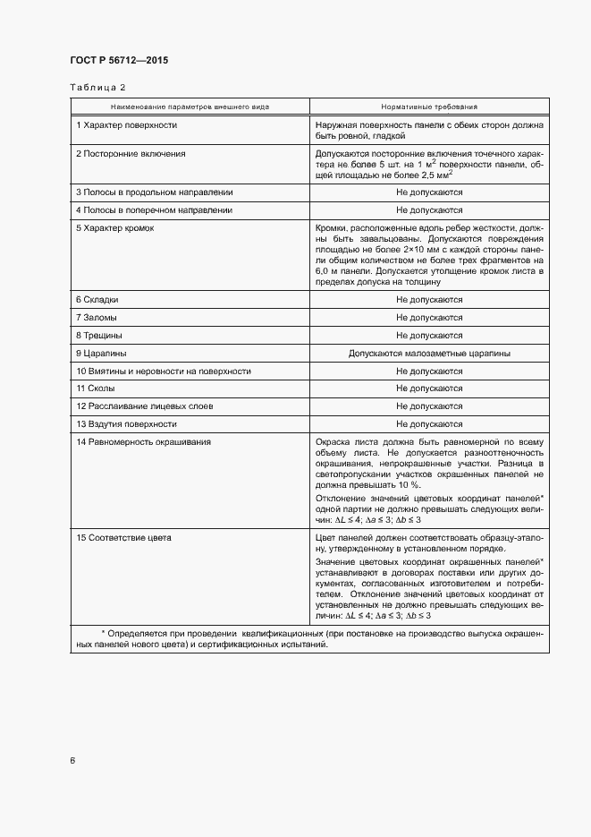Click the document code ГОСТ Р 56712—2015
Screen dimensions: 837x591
(118, 60)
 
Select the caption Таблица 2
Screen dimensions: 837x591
(97, 87)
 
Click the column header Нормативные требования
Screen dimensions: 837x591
(429, 107)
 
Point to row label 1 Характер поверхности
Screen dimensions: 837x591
(126, 125)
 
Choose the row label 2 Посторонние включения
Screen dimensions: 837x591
(131, 154)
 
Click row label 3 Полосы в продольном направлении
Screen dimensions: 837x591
(154, 192)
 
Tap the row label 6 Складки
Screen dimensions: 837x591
(97, 299)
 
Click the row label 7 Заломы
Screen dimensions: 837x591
(97, 317)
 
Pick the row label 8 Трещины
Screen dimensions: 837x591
(99, 335)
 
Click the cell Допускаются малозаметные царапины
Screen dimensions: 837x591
(429, 353)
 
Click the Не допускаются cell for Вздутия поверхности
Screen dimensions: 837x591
(429, 424)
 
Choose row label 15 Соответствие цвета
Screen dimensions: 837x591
(124, 538)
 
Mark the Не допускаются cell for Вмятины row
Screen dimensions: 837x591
(429, 371)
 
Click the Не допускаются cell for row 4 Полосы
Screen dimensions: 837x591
(429, 209)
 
